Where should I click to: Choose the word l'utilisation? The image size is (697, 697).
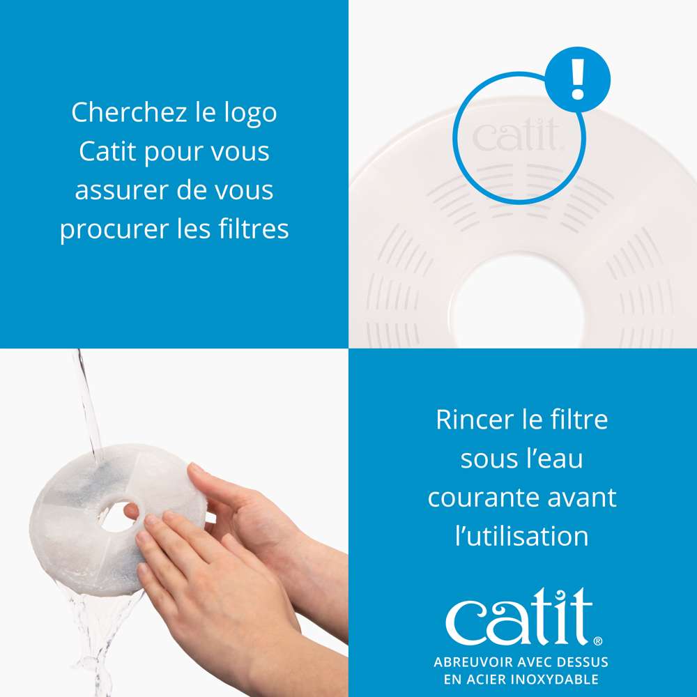click(521, 536)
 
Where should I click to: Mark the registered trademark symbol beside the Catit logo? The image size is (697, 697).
click(597, 639)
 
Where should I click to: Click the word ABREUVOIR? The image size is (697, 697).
click(470, 662)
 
